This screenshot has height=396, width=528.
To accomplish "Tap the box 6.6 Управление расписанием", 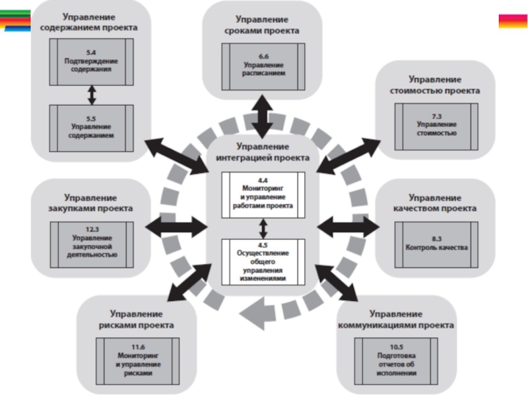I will click(263, 65).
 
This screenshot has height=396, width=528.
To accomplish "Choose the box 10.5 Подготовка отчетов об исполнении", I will click(397, 360).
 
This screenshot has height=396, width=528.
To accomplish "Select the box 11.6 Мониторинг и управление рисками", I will click(137, 360).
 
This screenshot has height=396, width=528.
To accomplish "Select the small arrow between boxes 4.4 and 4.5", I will click(263, 228).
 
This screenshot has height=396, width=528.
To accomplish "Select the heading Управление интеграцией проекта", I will click(263, 152).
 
